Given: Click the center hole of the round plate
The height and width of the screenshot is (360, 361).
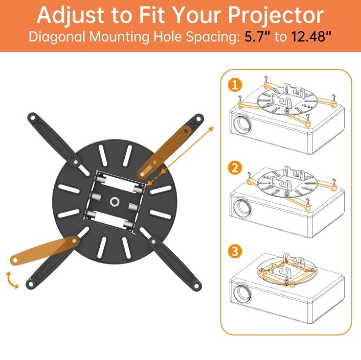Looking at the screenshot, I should point(116,201).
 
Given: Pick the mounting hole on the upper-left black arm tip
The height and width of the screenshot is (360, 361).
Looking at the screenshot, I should point(33,118).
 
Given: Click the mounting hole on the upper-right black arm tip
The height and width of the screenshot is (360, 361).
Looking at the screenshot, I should point(198,119).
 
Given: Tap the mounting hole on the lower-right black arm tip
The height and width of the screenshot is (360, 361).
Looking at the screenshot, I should point(196,285).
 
